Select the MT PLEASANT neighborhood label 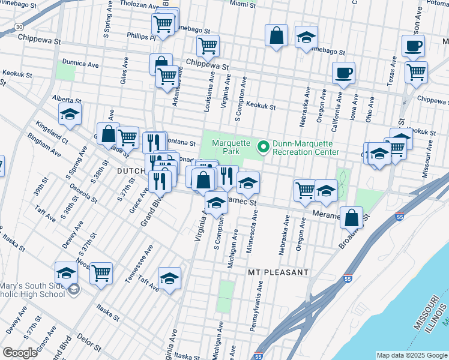[x=278, y=272]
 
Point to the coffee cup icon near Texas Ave [x=412, y=46]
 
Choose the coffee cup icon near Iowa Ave [x=343, y=73]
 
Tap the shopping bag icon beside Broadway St [x=352, y=217]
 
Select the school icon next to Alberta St [x=70, y=114]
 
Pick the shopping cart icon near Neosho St [x=101, y=273]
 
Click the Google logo [x=20, y=353]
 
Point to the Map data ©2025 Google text [x=411, y=355]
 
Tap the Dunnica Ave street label [x=80, y=64]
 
